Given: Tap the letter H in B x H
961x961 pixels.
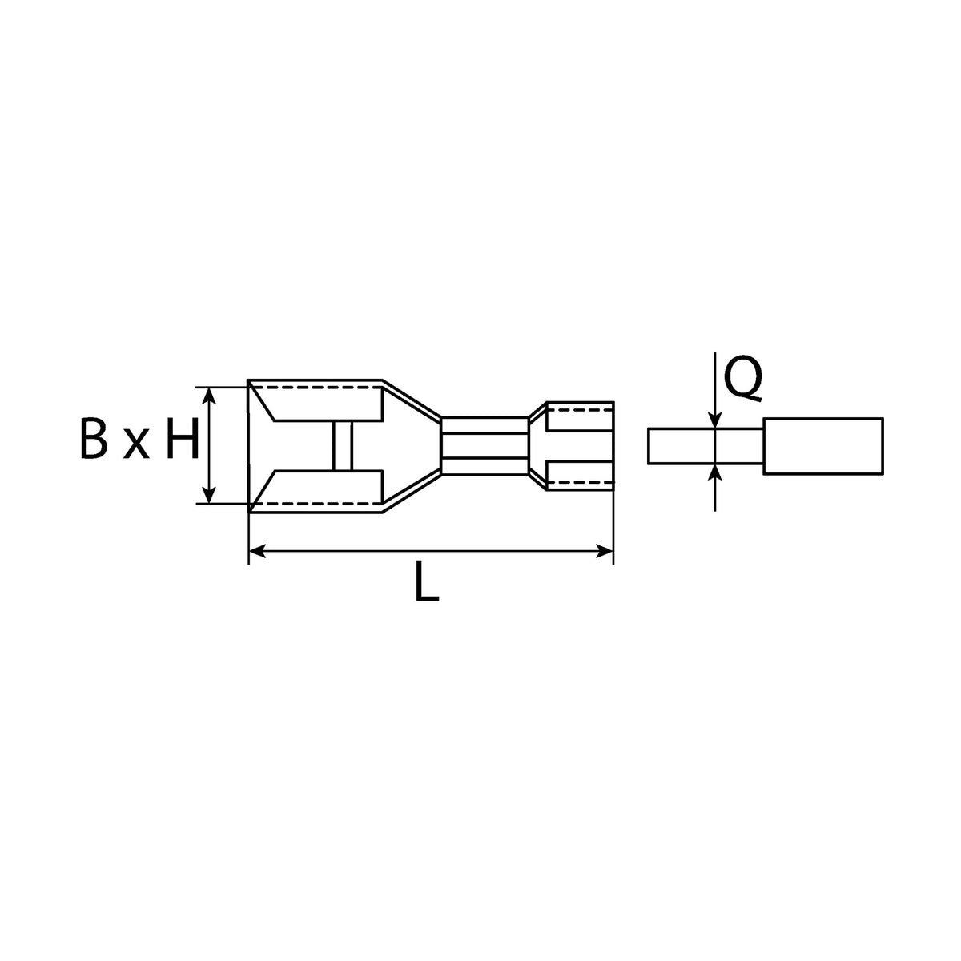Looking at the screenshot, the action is tap(183, 438).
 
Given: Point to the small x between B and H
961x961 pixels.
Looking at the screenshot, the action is tap(136, 444).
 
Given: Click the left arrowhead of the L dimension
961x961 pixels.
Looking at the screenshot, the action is tap(256, 551).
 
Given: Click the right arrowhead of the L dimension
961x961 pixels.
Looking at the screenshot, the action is tap(605, 551).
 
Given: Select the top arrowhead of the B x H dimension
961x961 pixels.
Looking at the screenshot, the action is tap(210, 396).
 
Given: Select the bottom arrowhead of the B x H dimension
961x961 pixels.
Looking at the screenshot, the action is tap(210, 494).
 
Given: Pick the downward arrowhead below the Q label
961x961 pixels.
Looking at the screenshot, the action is tap(715, 420).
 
